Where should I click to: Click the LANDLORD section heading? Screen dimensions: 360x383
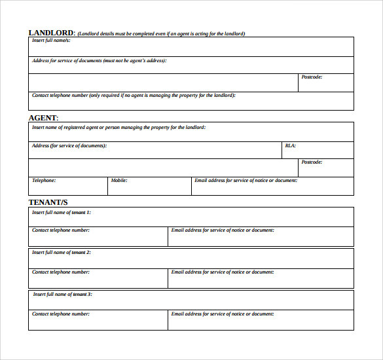(x=52, y=33)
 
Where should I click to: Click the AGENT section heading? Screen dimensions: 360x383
(x=43, y=118)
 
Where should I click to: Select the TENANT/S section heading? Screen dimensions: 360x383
(x=48, y=202)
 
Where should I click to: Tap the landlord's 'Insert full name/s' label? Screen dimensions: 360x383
(x=51, y=41)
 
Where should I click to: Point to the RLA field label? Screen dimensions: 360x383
(x=290, y=146)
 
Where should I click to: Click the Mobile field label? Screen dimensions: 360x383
(x=119, y=180)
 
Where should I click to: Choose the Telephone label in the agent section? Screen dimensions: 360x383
(x=44, y=180)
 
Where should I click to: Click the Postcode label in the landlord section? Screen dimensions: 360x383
(x=312, y=77)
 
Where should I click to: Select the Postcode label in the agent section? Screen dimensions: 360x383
(x=312, y=162)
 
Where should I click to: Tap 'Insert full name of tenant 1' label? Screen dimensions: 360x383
(x=62, y=212)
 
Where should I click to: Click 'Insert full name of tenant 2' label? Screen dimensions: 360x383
(x=62, y=252)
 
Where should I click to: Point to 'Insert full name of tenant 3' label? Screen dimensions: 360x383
(x=63, y=294)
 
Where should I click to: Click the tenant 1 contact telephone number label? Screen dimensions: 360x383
(x=61, y=230)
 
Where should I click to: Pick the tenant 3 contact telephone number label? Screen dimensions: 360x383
(x=61, y=314)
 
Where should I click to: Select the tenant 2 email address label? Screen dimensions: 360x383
(x=223, y=272)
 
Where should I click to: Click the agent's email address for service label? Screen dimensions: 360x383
(x=246, y=180)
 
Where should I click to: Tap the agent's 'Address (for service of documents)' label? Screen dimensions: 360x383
(x=69, y=146)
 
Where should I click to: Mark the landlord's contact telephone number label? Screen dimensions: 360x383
(x=134, y=96)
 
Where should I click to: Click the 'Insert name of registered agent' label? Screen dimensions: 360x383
(x=119, y=128)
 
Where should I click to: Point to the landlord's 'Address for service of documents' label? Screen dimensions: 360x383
(x=99, y=61)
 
